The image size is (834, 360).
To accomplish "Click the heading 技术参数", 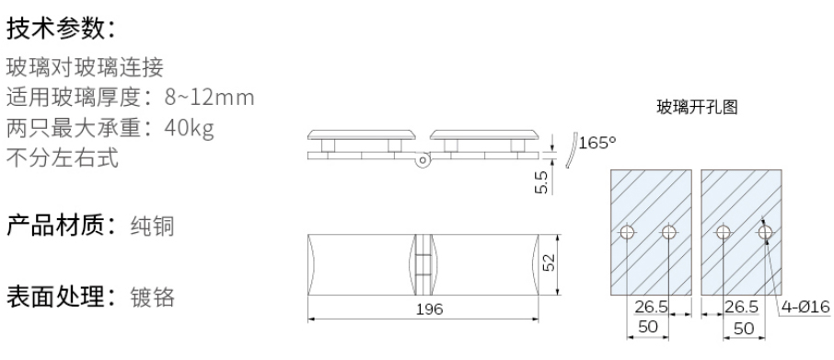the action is [54, 29].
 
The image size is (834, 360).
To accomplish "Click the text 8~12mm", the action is [210, 98].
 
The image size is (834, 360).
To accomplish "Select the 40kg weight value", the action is [190, 128].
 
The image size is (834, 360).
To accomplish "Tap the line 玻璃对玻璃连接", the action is [85, 67].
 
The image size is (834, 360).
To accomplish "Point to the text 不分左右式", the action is [63, 158].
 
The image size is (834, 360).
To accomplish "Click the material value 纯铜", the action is [152, 226].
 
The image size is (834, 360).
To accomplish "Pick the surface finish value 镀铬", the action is [152, 297].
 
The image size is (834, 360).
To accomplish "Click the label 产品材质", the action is [54, 226].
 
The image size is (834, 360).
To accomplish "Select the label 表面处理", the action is [54, 296].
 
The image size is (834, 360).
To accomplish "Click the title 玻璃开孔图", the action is [698, 108].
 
